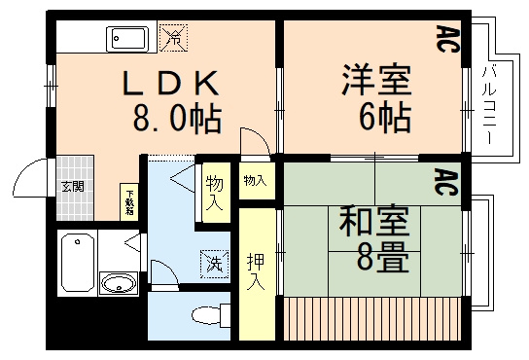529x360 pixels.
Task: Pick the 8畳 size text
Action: (374, 259)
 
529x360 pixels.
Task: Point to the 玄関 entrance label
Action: (72, 186)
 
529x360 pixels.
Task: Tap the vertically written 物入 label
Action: (214, 193)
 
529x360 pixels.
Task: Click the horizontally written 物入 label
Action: (254, 181)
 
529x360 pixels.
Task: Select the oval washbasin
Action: (118, 284)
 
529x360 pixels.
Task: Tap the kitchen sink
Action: (129, 40)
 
